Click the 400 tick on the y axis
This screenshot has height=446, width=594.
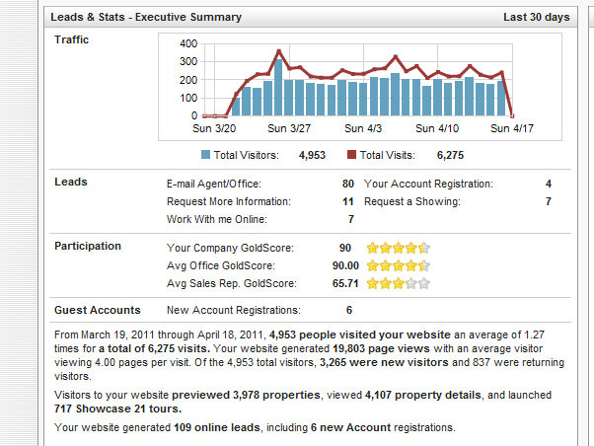[186, 44]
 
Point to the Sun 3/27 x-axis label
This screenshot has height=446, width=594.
[290, 128]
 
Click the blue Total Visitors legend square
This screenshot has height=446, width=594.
[205, 155]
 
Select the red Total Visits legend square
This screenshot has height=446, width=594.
[352, 155]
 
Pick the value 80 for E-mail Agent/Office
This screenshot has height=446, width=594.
[347, 184]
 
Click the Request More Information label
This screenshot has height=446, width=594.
[226, 201]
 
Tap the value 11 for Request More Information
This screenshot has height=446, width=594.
[347, 201]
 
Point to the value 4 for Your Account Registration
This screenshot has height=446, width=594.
[549, 184]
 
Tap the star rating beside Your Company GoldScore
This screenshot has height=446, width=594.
[398, 248]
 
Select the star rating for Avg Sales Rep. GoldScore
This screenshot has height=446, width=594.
[398, 283]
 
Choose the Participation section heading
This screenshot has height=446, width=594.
[89, 246]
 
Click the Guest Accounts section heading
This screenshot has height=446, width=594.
[98, 310]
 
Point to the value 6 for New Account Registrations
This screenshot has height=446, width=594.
[348, 310]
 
